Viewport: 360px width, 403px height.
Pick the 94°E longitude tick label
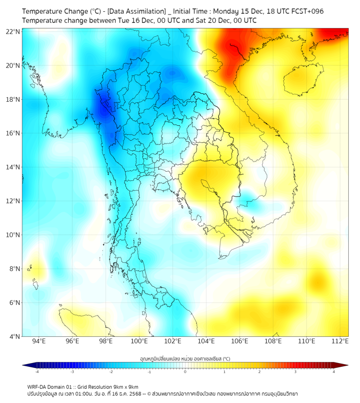coord(39,342)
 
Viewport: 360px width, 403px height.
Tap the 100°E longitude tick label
coord(140,342)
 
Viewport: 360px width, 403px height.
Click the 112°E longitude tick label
coord(340,342)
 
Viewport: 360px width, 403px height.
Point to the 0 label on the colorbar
coord(185,372)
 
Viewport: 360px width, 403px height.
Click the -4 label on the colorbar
coord(37,372)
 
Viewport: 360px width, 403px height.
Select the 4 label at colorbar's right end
coord(334,372)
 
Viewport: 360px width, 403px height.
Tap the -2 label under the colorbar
coord(111,372)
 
